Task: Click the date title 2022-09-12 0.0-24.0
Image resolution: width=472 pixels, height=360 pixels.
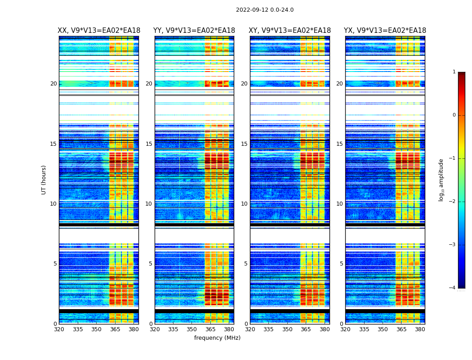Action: coord(265,10)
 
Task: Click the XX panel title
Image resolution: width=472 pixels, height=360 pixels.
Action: coord(99,31)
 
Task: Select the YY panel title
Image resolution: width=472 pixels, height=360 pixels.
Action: coord(194,31)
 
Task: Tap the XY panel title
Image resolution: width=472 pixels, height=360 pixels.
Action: coord(290,31)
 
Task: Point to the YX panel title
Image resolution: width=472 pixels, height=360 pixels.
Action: coord(385,31)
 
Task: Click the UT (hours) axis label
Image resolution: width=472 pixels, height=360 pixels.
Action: coord(44,180)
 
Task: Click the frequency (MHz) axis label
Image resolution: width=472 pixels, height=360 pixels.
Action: coord(217,338)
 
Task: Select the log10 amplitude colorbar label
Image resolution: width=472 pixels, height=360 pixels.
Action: coord(441,180)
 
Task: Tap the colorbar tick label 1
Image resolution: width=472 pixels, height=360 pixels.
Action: coord(454,72)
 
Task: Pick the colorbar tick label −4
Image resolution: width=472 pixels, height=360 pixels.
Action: coord(453,288)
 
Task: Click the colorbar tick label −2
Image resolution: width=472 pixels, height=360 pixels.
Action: coord(453,202)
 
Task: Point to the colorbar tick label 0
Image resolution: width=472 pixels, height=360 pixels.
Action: coord(454,115)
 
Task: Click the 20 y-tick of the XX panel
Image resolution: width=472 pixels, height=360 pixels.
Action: coord(53,84)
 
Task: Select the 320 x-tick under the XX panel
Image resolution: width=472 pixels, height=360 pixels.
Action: coord(59,329)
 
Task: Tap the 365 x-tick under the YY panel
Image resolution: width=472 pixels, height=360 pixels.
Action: coord(210,329)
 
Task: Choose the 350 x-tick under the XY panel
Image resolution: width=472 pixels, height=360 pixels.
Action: coord(287,329)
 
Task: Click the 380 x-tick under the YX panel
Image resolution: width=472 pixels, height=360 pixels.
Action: coord(420,329)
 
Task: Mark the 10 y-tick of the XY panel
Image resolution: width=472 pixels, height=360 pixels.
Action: coord(244,204)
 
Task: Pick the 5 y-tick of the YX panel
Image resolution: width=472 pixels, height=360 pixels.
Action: coord(341,264)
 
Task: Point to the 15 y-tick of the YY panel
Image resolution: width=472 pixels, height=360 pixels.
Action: coord(149,144)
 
